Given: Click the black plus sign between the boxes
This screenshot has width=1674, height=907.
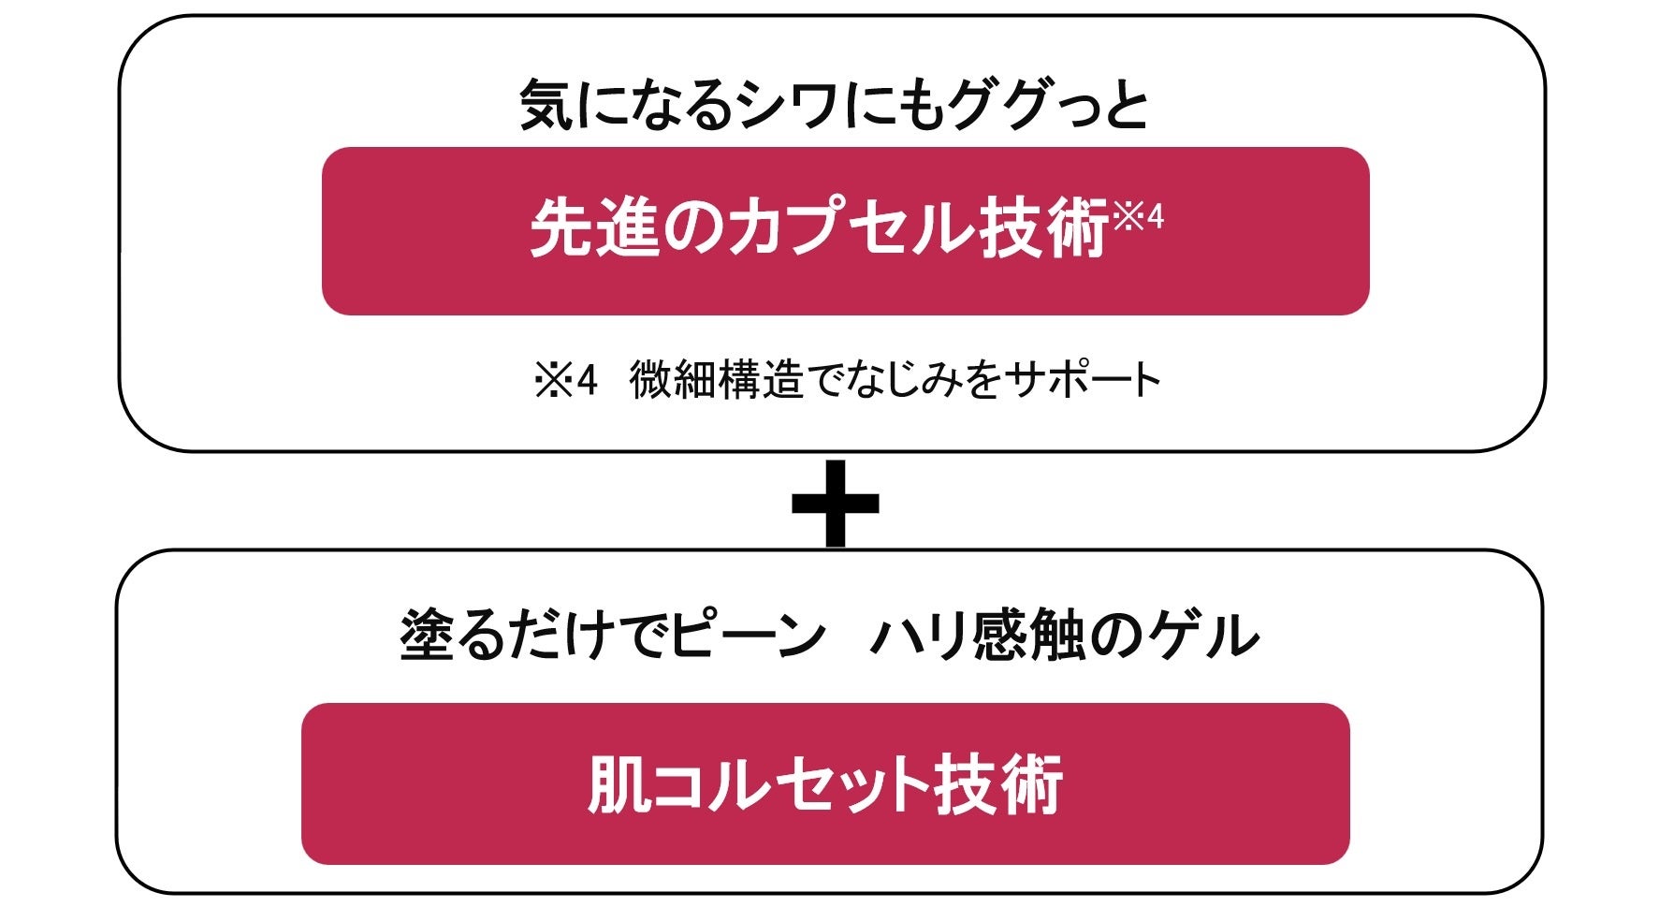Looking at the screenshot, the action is [835, 504].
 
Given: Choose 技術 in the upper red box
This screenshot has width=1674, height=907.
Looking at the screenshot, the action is [1043, 229].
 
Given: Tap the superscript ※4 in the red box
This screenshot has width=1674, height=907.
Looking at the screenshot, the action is [1138, 217].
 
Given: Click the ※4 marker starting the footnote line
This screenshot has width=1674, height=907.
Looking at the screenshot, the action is [565, 381].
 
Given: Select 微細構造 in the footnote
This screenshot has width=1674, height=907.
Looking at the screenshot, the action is [716, 381].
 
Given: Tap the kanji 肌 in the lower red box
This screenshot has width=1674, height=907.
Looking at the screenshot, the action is [619, 784].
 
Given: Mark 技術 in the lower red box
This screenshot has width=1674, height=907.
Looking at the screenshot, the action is [998, 784].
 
